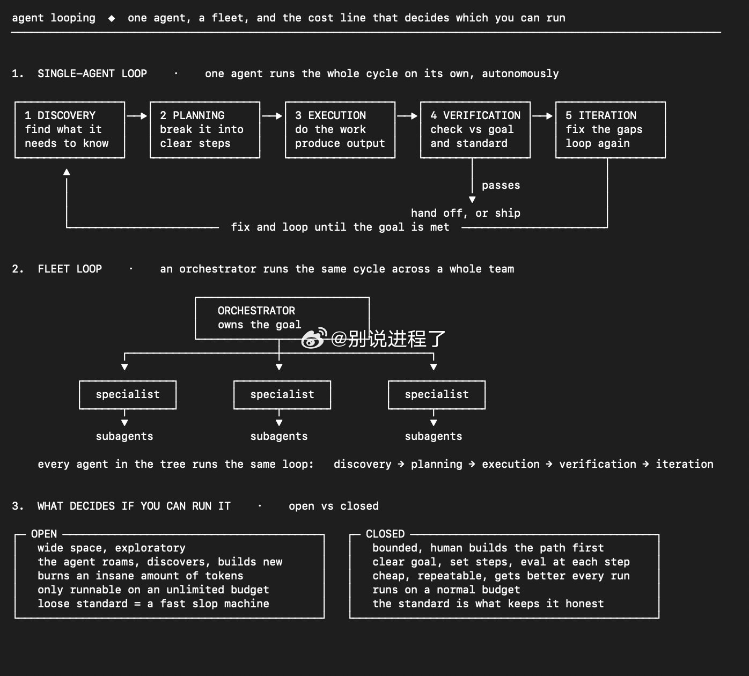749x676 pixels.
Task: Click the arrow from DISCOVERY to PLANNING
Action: coord(137,116)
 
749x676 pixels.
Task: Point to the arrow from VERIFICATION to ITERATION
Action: coord(542,116)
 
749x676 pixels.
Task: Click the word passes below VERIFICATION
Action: coord(501,185)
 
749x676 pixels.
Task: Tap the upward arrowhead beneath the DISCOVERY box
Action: coord(67,172)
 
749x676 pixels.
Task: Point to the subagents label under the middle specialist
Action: coord(279,436)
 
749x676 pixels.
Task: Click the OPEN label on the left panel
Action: coord(44,534)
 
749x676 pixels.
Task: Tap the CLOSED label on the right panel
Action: coord(385,534)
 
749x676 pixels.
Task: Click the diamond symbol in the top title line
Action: coord(111,18)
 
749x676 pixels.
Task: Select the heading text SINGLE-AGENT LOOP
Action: coord(92,74)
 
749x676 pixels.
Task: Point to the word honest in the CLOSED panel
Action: coord(584,604)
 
